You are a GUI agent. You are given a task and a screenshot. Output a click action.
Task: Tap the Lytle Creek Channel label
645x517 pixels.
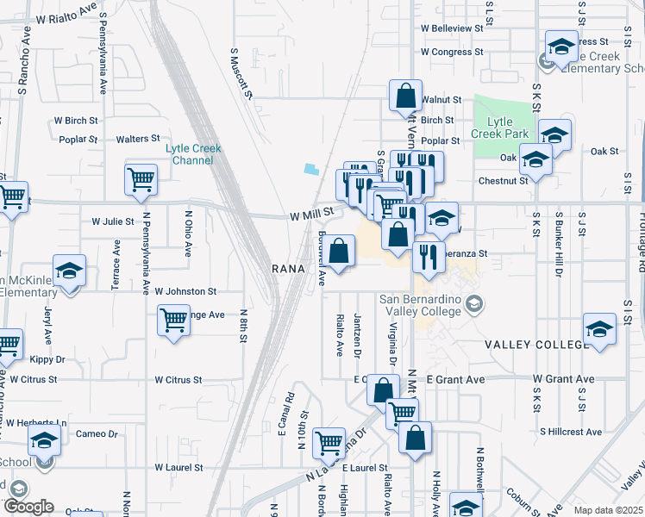193,154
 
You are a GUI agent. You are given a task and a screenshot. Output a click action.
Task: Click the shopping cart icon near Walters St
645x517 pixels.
141,179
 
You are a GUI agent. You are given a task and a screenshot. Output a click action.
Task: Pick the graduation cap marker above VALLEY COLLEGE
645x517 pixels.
600,328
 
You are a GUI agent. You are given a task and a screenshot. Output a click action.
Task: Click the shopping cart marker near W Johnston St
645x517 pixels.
173,321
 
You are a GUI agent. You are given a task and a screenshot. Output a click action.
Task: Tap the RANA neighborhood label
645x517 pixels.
289,269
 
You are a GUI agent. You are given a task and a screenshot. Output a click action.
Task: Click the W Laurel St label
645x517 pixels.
178,468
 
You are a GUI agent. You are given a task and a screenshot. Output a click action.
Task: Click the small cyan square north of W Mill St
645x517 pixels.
310,169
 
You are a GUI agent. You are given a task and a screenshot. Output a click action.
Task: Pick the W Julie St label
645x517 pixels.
113,221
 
